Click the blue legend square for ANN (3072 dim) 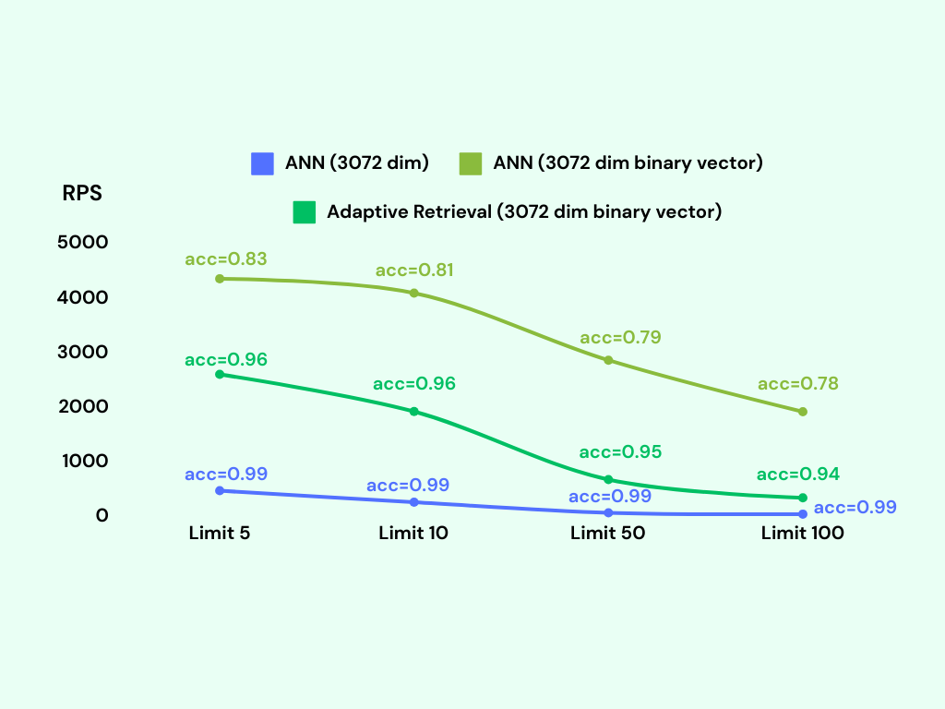[263, 163]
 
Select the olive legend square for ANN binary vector [471, 163]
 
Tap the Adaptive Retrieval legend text [524, 211]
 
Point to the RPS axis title [82, 194]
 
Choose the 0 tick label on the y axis [102, 515]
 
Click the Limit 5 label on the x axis [220, 534]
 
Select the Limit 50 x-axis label [607, 534]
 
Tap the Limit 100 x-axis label [802, 534]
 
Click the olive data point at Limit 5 [220, 279]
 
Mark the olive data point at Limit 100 [803, 412]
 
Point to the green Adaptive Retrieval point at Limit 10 [414, 411]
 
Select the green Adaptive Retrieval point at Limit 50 [608, 480]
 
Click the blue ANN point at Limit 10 [414, 502]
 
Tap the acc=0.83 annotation [226, 259]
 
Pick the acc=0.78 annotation [798, 384]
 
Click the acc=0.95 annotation [620, 452]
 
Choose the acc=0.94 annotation [798, 475]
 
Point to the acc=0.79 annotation [620, 338]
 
